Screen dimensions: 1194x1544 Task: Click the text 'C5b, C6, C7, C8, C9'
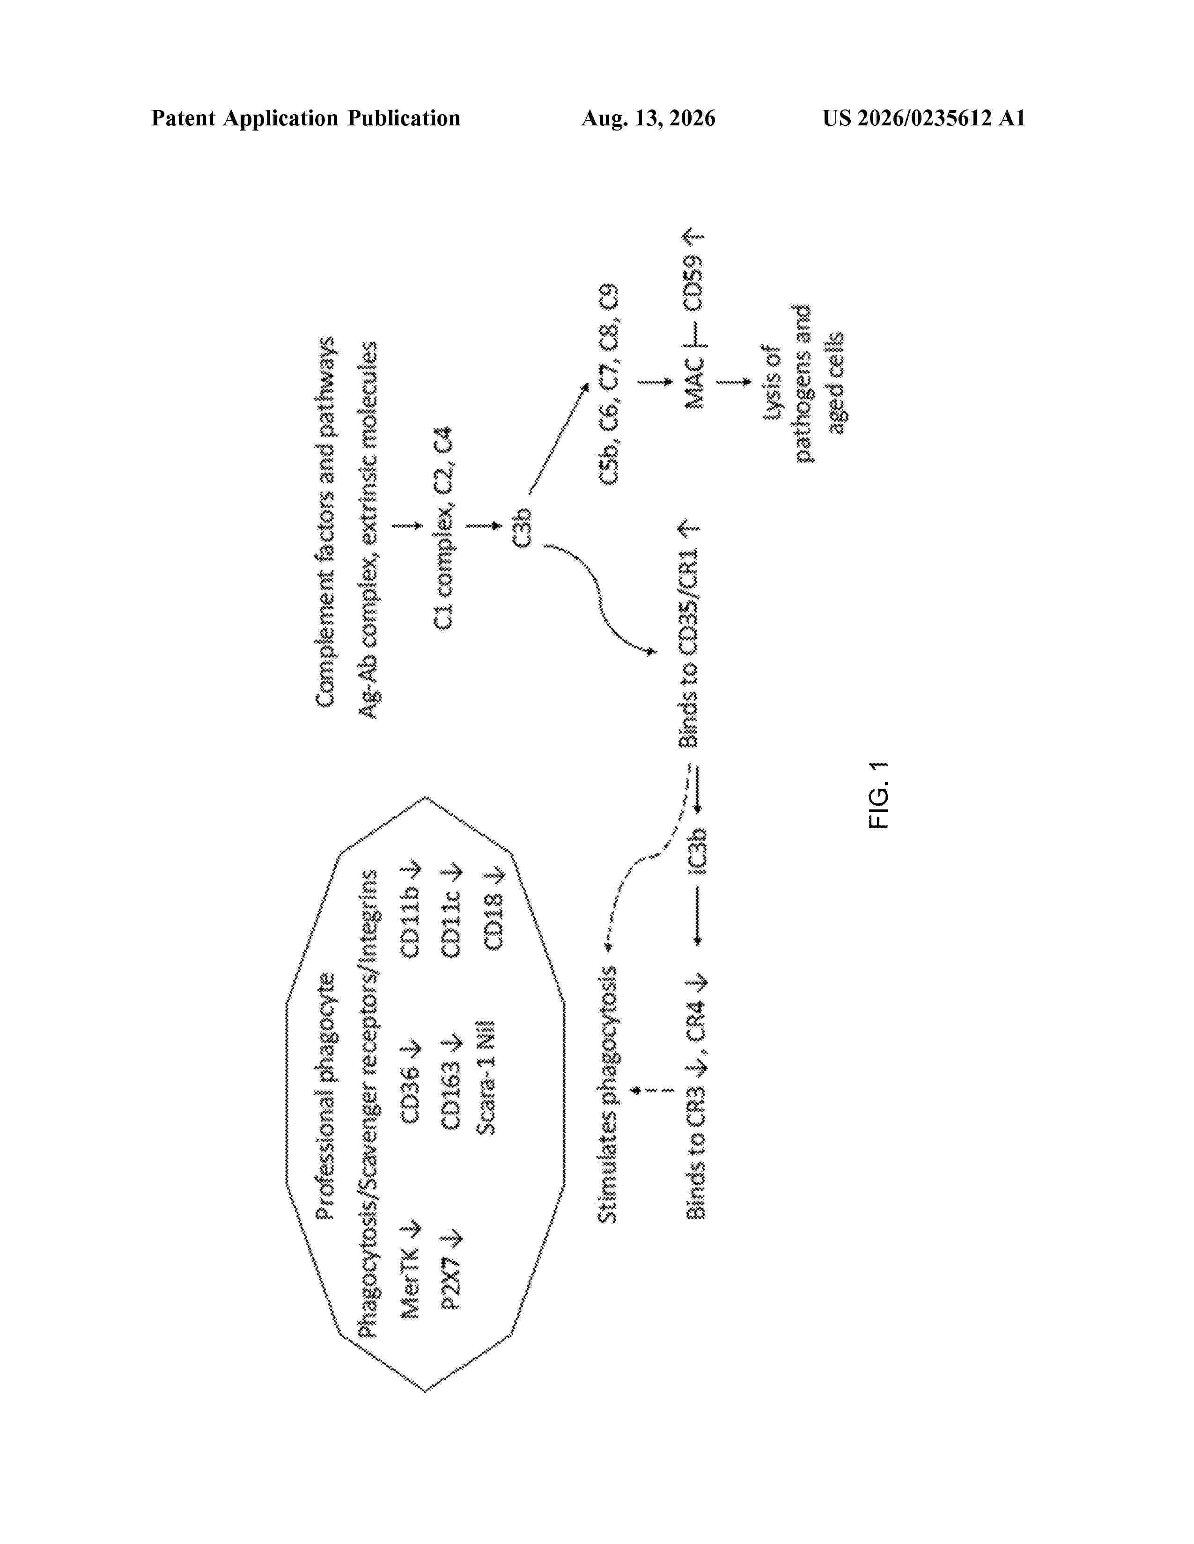pos(608,385)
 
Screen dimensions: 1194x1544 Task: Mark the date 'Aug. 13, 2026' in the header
pos(648,118)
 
